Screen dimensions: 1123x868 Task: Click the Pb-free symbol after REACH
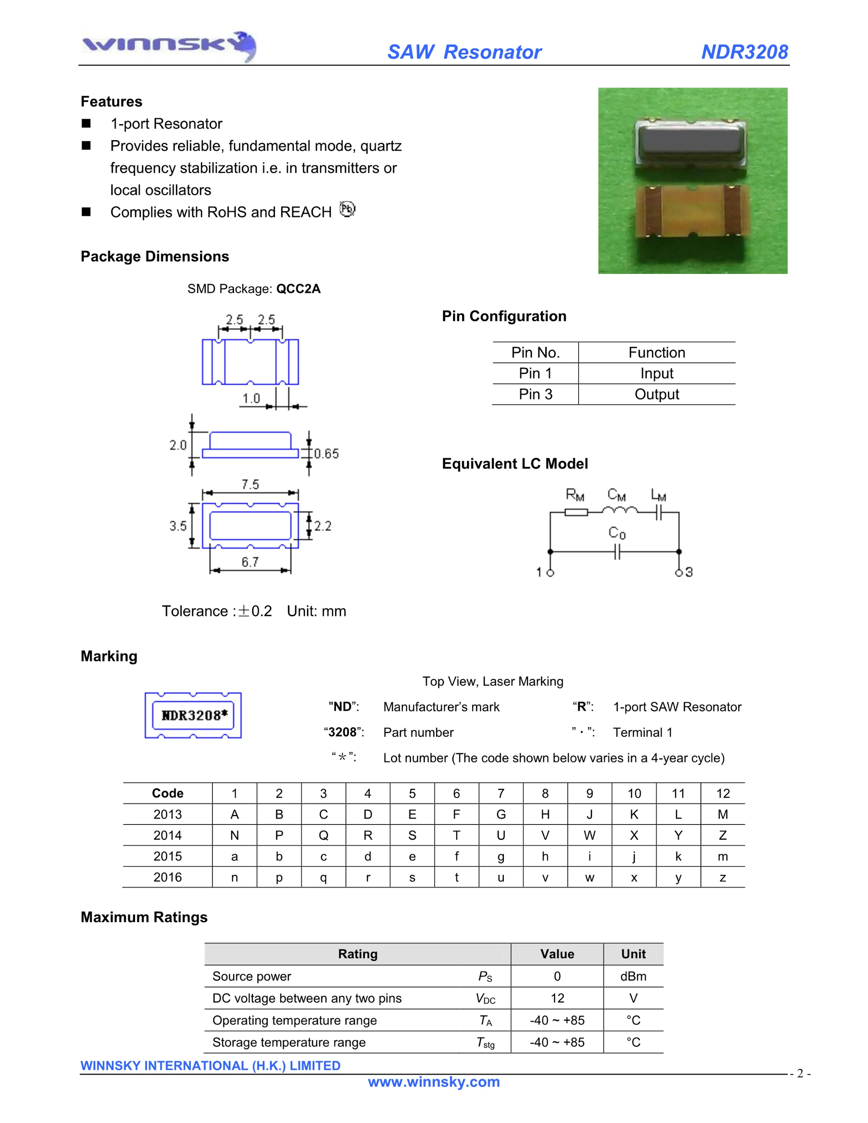pyautogui.click(x=348, y=209)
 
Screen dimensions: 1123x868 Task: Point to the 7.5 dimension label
pyautogui.click(x=250, y=484)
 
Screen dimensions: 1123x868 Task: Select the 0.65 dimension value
pyautogui.click(x=326, y=453)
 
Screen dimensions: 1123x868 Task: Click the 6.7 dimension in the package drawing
pyautogui.click(x=250, y=562)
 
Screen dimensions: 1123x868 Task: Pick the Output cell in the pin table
pyautogui.click(x=657, y=394)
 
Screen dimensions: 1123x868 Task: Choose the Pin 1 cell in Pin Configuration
pyautogui.click(x=535, y=373)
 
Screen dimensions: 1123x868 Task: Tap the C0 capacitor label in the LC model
pyautogui.click(x=617, y=533)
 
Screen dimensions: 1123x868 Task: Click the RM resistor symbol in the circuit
pyautogui.click(x=576, y=512)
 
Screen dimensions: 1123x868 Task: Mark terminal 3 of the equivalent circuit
pyautogui.click(x=679, y=572)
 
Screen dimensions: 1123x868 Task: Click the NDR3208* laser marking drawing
pyautogui.click(x=193, y=715)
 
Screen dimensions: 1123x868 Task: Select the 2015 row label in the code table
pyautogui.click(x=168, y=856)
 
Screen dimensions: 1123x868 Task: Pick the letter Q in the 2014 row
pyautogui.click(x=323, y=836)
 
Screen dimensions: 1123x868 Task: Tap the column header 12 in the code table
pyautogui.click(x=723, y=793)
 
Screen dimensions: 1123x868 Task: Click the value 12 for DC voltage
pyautogui.click(x=557, y=998)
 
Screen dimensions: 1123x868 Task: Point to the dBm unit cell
pyautogui.click(x=633, y=976)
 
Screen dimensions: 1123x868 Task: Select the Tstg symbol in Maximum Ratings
pyautogui.click(x=485, y=1042)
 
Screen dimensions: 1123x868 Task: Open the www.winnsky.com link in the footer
pyautogui.click(x=434, y=1082)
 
